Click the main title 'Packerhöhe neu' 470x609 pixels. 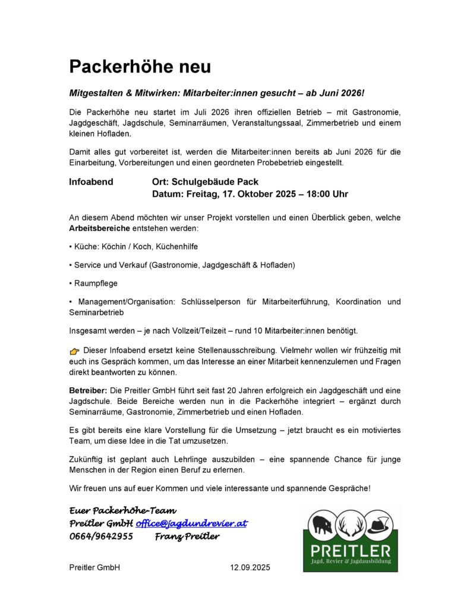(140, 66)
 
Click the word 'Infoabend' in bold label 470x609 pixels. (91, 182)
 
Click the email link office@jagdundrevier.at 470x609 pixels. (191, 523)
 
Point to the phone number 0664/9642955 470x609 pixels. (101, 536)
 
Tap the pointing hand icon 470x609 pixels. (74, 353)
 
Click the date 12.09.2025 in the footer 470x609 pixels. (250, 567)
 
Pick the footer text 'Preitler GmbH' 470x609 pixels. (95, 567)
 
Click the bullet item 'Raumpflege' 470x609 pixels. (95, 284)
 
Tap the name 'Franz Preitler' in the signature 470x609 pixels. (187, 536)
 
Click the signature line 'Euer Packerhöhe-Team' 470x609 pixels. (122, 510)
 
